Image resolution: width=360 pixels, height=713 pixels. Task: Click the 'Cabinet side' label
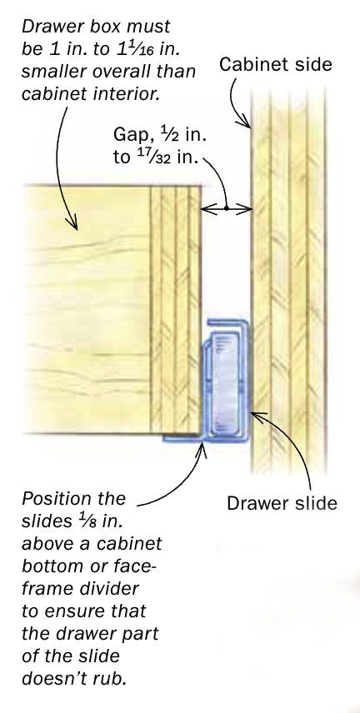point(275,64)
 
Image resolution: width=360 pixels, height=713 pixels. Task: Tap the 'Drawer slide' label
point(282,503)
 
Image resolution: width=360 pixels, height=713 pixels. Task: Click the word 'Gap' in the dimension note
point(127,136)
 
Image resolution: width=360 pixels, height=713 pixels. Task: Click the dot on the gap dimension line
point(226,209)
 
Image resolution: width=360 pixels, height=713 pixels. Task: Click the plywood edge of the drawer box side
point(176,309)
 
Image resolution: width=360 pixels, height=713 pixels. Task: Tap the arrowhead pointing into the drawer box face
point(72,222)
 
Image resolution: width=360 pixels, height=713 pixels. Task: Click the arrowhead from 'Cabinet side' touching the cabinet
point(246,122)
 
